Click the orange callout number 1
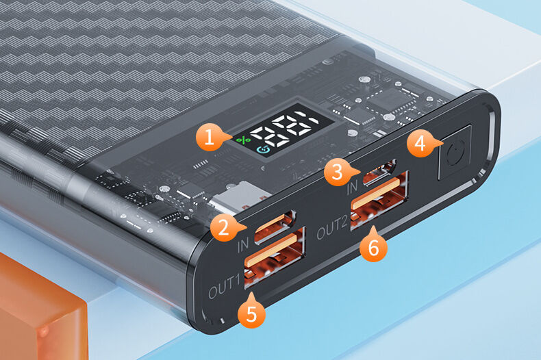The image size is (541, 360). [209, 138]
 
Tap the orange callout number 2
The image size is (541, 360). [224, 227]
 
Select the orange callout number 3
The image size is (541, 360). [338, 171]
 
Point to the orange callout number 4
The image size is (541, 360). [420, 143]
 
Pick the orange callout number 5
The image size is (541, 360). [252, 313]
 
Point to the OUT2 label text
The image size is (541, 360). [332, 229]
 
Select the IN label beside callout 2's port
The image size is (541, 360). [243, 245]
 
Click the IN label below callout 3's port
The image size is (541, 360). [352, 188]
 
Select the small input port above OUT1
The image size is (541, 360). [275, 227]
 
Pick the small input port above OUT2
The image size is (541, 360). [379, 171]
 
